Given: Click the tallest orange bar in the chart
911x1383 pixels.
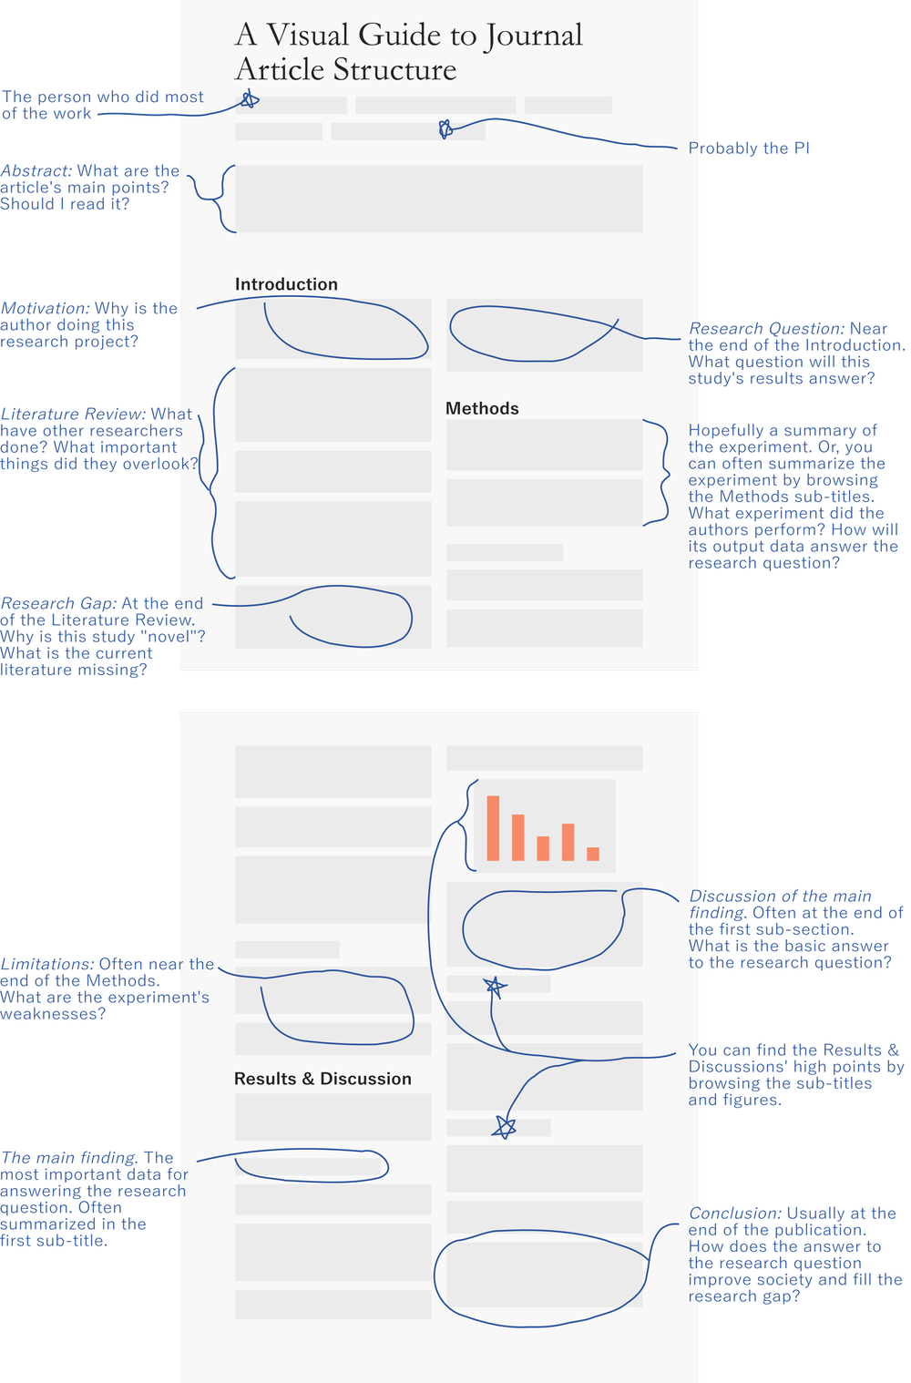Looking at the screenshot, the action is (x=493, y=828).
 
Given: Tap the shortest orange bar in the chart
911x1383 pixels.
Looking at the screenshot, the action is (x=593, y=854).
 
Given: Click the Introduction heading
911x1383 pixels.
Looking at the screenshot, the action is (x=286, y=284).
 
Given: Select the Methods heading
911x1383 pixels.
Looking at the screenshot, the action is (x=482, y=408).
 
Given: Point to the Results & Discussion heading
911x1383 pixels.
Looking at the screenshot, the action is (x=322, y=1079).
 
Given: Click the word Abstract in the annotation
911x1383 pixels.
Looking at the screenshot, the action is (x=36, y=171).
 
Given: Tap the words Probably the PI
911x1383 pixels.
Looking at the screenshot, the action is (x=748, y=149).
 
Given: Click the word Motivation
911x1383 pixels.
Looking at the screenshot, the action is (x=45, y=309).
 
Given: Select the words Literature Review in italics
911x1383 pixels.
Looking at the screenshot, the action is (x=73, y=415).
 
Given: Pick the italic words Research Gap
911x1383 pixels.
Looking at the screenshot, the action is (x=58, y=604).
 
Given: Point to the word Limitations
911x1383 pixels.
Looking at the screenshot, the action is (x=46, y=965).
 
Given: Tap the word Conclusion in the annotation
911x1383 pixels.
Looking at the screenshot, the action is (x=735, y=1214).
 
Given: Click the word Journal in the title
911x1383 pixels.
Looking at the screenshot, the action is (x=534, y=36).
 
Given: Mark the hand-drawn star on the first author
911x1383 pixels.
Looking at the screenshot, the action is (x=249, y=100).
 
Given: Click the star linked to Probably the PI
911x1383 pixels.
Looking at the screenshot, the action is (x=445, y=129).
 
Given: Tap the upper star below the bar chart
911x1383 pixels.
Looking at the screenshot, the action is (x=495, y=986).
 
